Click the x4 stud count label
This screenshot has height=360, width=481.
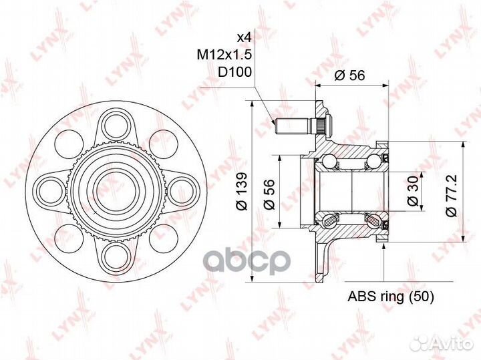pos(245,37)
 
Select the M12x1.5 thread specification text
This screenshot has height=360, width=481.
pos(224,55)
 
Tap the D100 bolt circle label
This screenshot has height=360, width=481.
pos(234,72)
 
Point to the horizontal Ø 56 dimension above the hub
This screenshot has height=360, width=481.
pos(349,75)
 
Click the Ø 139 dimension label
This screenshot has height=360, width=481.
pos(241,191)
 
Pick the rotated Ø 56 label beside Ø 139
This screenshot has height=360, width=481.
pos(269,194)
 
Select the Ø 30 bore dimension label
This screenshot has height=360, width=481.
pos(413,190)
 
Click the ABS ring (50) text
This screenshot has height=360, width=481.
pos(391,297)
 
